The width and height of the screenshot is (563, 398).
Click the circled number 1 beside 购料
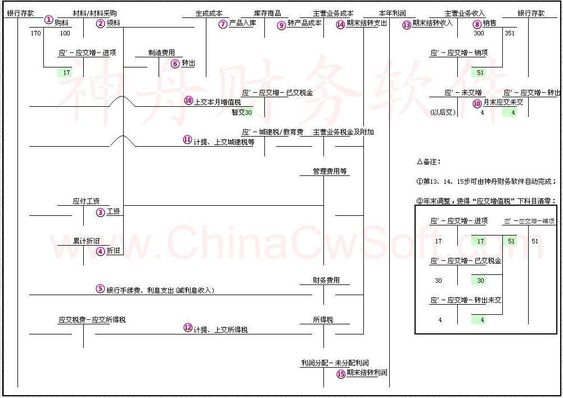point(49,20)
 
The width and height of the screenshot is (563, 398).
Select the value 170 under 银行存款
point(36,33)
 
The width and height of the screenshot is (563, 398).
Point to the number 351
point(510,33)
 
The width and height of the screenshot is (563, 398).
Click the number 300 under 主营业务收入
point(479,33)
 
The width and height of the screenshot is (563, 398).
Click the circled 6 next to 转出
point(175,64)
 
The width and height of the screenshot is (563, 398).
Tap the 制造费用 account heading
point(161,53)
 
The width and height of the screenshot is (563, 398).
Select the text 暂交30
point(242,112)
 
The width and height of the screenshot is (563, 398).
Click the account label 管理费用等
point(330,171)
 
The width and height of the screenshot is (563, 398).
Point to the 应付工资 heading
point(86,201)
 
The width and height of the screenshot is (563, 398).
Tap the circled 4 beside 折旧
point(100,251)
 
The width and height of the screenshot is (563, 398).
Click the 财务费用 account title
point(326,280)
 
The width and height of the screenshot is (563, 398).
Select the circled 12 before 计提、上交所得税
point(188,328)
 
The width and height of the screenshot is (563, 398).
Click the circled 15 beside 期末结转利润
point(341,374)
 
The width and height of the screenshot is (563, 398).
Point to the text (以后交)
point(442,112)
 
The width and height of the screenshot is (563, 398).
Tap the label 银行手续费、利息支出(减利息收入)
point(160,290)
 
